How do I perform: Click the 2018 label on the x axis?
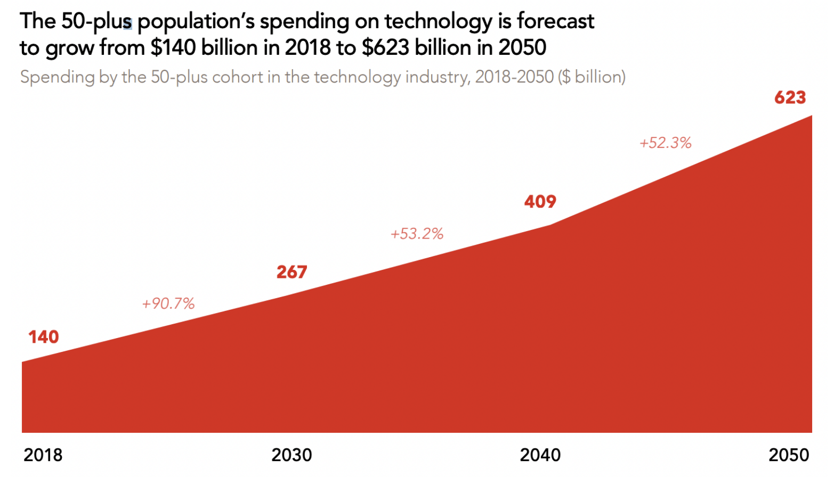pyautogui.click(x=43, y=455)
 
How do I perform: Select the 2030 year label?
pyautogui.click(x=292, y=455)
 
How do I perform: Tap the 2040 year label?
pyautogui.click(x=540, y=455)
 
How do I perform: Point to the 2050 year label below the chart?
pyautogui.click(x=789, y=455)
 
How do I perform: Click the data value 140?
pyautogui.click(x=44, y=337)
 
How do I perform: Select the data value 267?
pyautogui.click(x=292, y=272)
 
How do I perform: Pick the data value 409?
pyautogui.click(x=540, y=202)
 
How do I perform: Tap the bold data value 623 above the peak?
pyautogui.click(x=790, y=98)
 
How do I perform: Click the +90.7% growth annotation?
pyautogui.click(x=168, y=303)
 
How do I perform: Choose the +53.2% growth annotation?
pyautogui.click(x=417, y=234)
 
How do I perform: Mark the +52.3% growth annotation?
pyautogui.click(x=666, y=143)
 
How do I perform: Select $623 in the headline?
pyautogui.click(x=385, y=48)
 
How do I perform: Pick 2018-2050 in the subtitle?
pyautogui.click(x=514, y=78)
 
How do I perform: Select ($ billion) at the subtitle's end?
pyautogui.click(x=592, y=78)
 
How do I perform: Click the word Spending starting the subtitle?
pyautogui.click(x=58, y=78)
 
